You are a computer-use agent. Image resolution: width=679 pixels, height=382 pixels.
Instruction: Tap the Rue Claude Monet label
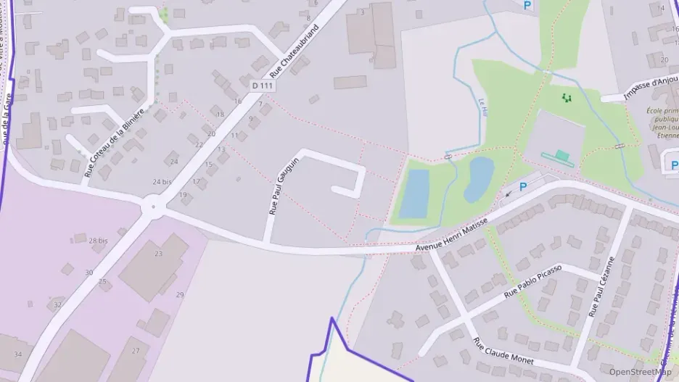tap(503, 352)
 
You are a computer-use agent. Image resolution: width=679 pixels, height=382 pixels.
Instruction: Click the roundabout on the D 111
tap(153, 208)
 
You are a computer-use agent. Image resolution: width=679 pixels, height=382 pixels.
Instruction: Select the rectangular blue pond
tap(414, 194)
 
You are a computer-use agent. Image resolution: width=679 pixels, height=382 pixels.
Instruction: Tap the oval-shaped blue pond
tap(479, 178)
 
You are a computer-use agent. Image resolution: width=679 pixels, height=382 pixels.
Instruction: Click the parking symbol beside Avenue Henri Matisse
tap(522, 187)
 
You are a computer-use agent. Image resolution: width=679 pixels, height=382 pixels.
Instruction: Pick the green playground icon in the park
tap(567, 96)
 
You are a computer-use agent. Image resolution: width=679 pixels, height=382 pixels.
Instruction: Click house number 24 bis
tap(162, 181)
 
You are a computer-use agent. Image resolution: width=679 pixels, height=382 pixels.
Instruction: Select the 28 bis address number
tap(98, 240)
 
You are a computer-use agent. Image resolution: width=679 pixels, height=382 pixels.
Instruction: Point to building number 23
tap(158, 254)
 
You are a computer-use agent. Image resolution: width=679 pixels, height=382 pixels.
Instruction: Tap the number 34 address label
tap(18, 354)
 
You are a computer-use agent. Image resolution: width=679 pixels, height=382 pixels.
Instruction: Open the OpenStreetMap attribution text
tap(641, 373)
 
